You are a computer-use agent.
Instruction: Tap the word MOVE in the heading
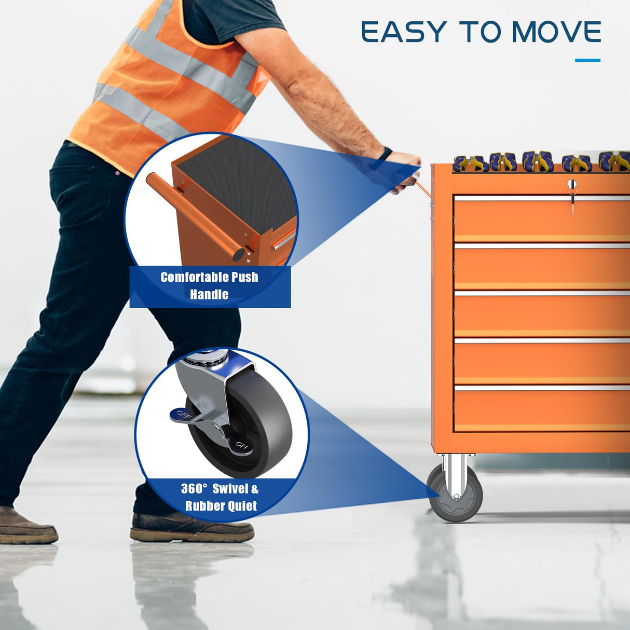(x=556, y=32)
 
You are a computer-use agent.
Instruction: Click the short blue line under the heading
(x=587, y=60)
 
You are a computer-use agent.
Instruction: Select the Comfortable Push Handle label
(x=209, y=286)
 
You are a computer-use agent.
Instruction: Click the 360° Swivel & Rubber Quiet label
(x=220, y=498)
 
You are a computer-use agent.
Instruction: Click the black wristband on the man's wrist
(x=386, y=154)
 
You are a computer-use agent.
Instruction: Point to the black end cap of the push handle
(x=239, y=254)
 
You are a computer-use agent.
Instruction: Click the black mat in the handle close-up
(x=240, y=183)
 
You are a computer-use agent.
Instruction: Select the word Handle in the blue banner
(x=209, y=294)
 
